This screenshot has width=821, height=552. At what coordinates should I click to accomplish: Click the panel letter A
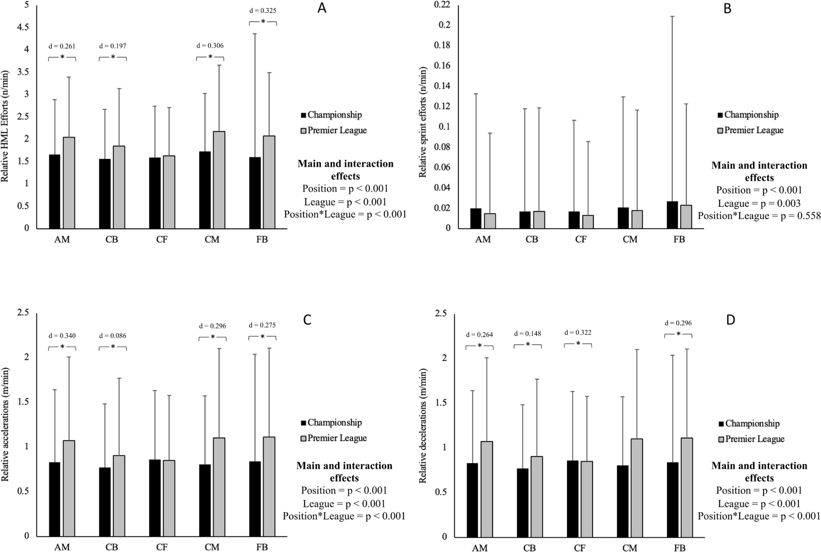tap(322, 8)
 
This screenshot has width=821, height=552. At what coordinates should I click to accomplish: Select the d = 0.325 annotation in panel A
tap(263, 11)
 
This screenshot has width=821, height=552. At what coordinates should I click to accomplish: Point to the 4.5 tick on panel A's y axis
tap(23, 27)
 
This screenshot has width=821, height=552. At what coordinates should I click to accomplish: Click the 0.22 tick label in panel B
tap(442, 5)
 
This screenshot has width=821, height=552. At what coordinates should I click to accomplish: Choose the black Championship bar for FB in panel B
tap(672, 215)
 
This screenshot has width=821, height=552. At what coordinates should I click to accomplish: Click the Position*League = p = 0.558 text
tap(759, 216)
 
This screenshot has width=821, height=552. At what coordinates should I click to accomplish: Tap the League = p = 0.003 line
tap(759, 203)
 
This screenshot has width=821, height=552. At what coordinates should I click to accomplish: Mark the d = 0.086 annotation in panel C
tap(113, 336)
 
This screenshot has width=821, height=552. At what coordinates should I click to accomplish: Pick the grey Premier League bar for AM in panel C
tap(69, 488)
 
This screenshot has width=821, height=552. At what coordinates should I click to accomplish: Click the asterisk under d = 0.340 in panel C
tap(62, 347)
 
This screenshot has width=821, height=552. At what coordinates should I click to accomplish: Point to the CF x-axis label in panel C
tap(162, 547)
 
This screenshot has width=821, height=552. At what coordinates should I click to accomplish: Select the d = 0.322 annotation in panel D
tap(578, 332)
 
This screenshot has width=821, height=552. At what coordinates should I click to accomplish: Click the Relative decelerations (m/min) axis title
tap(423, 426)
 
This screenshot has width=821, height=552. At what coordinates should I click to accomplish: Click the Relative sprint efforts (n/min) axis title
tap(423, 122)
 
